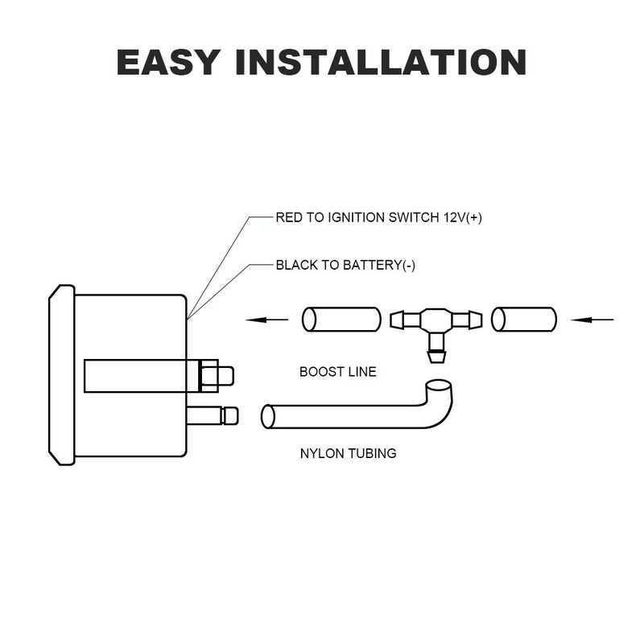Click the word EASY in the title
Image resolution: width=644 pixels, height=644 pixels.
point(168,62)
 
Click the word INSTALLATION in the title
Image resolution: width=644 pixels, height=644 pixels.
point(381,62)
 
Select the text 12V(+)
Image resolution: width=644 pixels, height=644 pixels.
point(462,217)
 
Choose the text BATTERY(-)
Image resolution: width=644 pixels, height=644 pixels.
point(378,266)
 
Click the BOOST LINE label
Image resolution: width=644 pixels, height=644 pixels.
point(337,372)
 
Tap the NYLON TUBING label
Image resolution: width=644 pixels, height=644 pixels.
point(349,453)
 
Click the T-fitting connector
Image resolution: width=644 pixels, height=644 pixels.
point(436,320)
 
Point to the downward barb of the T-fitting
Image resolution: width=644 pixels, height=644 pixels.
point(436,356)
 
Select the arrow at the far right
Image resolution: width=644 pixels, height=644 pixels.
point(592,319)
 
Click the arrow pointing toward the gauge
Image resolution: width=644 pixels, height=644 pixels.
point(266,319)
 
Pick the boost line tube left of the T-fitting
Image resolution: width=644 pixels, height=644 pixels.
point(341,319)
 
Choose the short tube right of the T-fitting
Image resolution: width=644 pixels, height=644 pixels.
point(524,319)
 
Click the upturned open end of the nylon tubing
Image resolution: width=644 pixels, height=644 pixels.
point(439,386)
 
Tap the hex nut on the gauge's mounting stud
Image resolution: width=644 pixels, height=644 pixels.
point(208,376)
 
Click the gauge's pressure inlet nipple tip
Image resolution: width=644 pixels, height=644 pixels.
point(229,415)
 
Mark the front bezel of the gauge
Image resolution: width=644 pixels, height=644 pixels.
point(62,375)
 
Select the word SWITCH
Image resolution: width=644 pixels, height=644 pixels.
point(414,217)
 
